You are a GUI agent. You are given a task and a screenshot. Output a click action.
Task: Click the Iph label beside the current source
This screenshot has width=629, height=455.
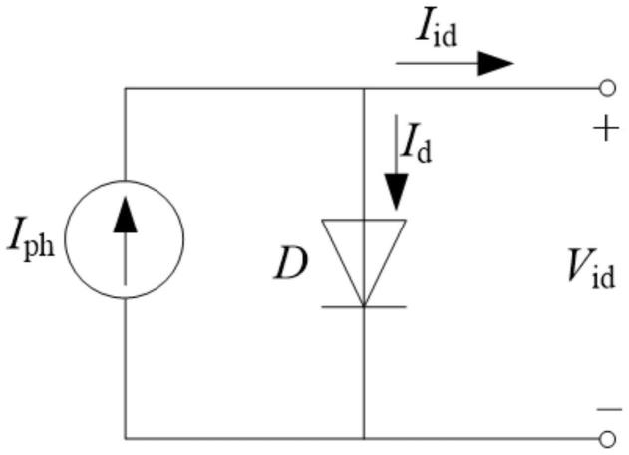(x=31, y=239)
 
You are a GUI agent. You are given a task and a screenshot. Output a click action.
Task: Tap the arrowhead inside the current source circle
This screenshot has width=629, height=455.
(x=126, y=215)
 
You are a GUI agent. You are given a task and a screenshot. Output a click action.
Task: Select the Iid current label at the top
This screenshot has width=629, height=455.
(x=437, y=32)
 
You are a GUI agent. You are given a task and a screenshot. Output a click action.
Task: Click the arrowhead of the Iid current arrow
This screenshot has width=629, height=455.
(x=495, y=63)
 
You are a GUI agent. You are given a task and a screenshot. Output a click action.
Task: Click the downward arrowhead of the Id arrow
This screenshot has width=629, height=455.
(x=397, y=192)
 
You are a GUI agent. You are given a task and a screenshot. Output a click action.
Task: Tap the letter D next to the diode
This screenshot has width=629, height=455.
(x=291, y=263)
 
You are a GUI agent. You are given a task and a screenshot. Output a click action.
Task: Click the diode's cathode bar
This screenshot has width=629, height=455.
(x=364, y=307)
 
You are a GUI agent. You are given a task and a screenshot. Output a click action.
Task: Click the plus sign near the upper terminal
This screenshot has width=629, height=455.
(x=606, y=129)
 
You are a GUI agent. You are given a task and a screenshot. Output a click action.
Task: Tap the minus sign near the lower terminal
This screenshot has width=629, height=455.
(x=609, y=410)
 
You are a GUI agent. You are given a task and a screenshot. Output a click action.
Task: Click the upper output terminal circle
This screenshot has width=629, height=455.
(x=607, y=88)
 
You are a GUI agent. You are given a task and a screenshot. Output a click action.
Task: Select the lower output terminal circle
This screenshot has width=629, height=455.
(x=607, y=439)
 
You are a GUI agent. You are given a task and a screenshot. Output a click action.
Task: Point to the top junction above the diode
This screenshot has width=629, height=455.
(x=364, y=88)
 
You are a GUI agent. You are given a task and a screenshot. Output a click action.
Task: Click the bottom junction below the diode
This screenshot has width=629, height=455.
(x=364, y=439)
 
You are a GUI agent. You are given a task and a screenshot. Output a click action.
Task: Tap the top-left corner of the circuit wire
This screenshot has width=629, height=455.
(x=126, y=88)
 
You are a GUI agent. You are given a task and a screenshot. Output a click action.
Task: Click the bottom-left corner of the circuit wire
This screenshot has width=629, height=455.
(x=126, y=439)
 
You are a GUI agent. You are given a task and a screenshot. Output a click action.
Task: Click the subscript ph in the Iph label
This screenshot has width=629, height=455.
(x=39, y=245)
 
